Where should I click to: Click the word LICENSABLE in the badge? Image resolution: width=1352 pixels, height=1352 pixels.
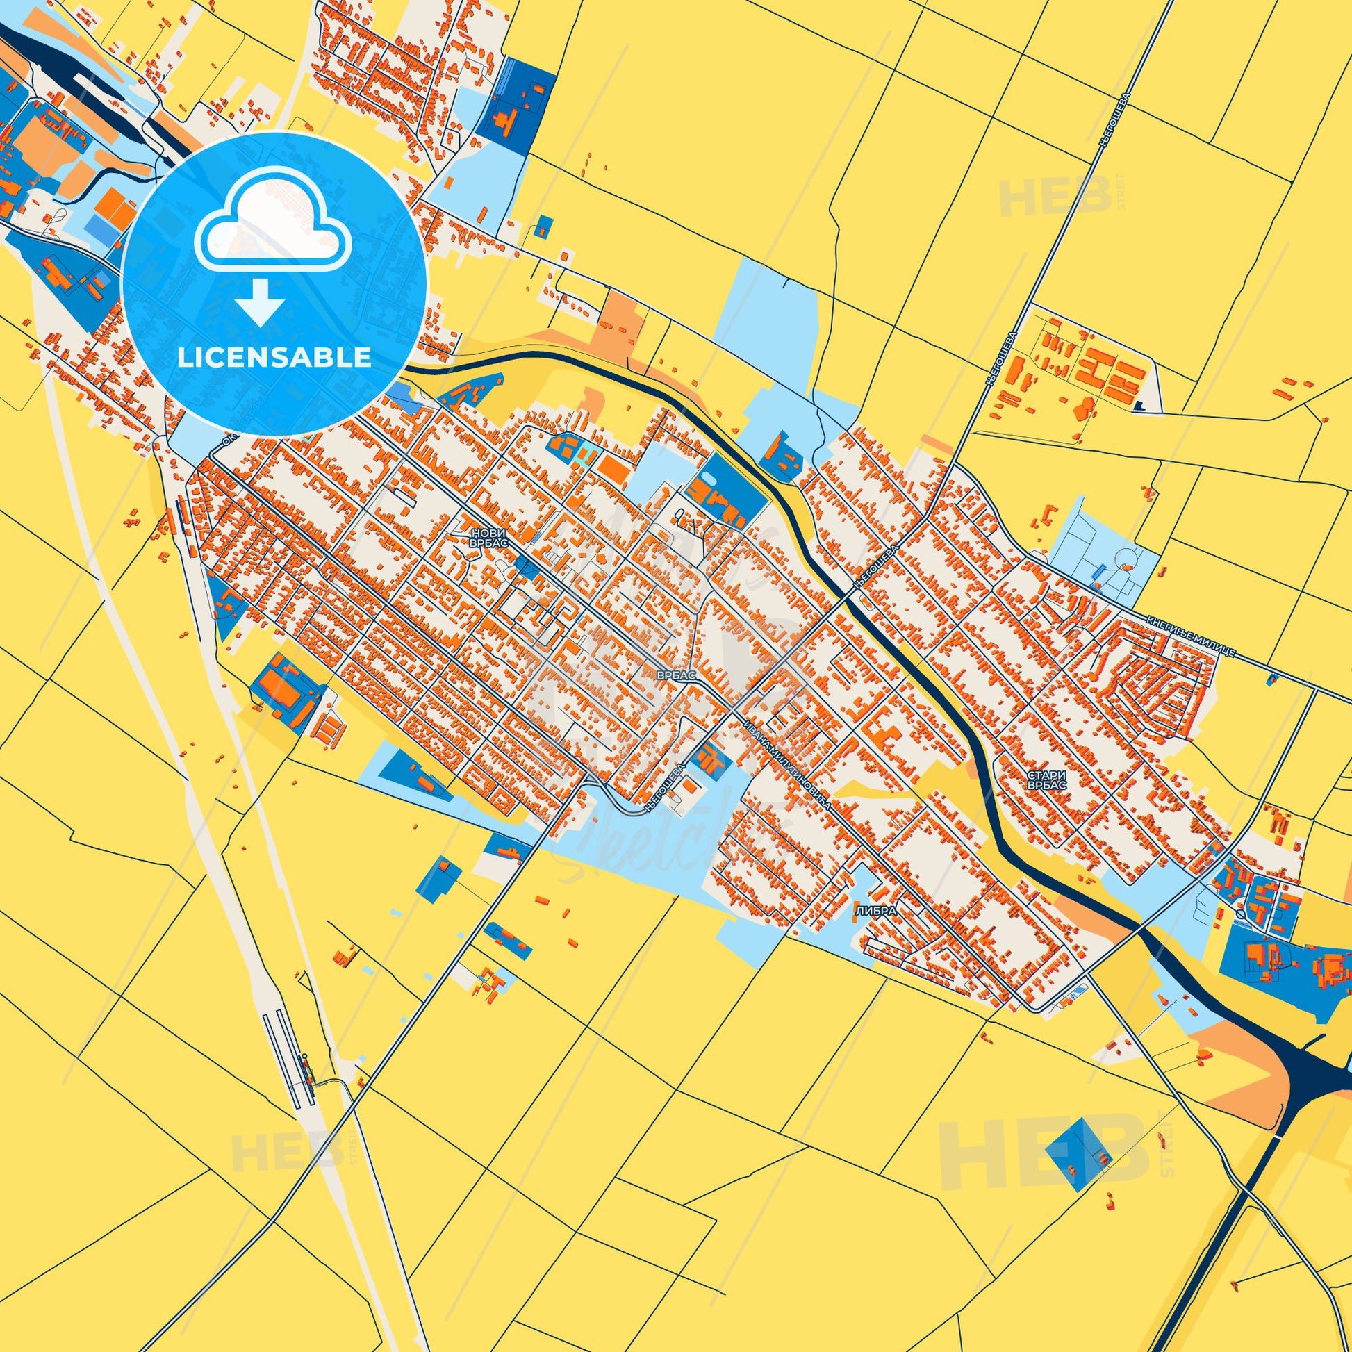(x=274, y=357)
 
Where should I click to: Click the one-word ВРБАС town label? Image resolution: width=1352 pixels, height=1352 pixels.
(x=677, y=676)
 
